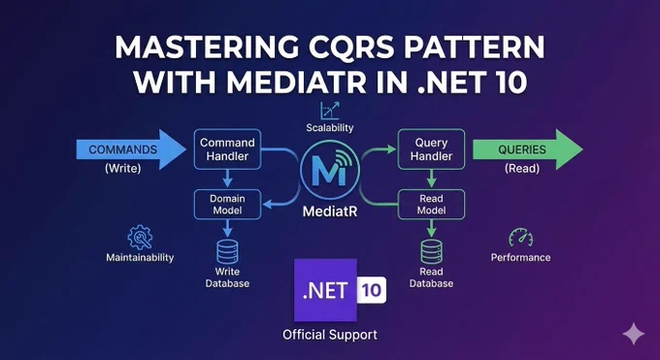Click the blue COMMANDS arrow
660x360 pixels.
pos(131,149)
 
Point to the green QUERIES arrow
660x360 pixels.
pos(528,149)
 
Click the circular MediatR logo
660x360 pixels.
pos(330,170)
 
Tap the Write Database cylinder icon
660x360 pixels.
pos(227,251)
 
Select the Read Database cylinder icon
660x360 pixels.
pos(431,251)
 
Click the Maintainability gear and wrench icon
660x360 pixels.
pos(140,238)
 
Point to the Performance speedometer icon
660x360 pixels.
pos(520,238)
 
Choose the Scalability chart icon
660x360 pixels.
pos(330,111)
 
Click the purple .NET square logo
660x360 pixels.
pos(325,290)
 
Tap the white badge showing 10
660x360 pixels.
pos(372,290)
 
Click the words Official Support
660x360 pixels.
pos(330,335)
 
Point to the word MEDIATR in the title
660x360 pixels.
pos(296,82)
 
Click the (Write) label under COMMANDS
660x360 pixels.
pos(123,169)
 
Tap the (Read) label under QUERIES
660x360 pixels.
pos(522,169)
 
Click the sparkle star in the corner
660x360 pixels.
pos(634,334)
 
